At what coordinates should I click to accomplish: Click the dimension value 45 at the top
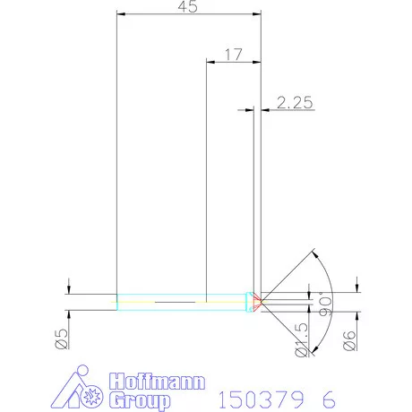pos(188,7)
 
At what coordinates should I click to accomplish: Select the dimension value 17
pos(233,54)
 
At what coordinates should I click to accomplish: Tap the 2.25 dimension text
pos(294,102)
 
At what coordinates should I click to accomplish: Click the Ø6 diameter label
pos(352,339)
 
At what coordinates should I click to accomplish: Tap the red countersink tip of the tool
pos(257,302)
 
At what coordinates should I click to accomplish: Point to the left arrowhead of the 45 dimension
pos(121,14)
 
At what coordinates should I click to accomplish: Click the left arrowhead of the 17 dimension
pos(210,62)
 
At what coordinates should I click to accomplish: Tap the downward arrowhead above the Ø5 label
pos(69,289)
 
